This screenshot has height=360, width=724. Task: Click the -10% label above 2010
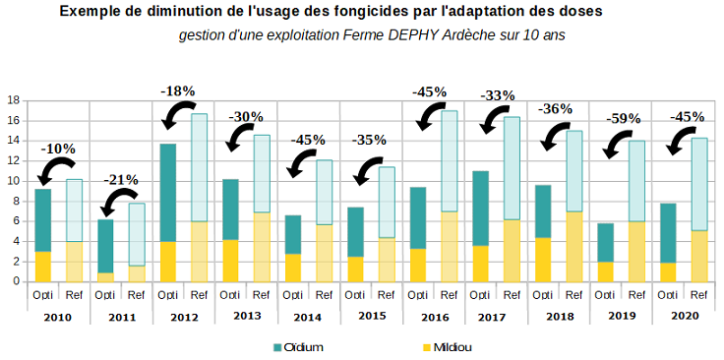click(59, 150)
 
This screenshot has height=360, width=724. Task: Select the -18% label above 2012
click(178, 90)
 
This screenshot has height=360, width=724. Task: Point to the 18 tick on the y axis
click(14, 100)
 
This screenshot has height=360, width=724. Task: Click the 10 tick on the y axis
click(14, 181)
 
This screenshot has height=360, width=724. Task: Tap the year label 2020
click(686, 316)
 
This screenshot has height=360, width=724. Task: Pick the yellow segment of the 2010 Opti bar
click(43, 267)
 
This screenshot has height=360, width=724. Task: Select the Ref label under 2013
click(262, 294)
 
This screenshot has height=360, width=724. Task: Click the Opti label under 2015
click(356, 294)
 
